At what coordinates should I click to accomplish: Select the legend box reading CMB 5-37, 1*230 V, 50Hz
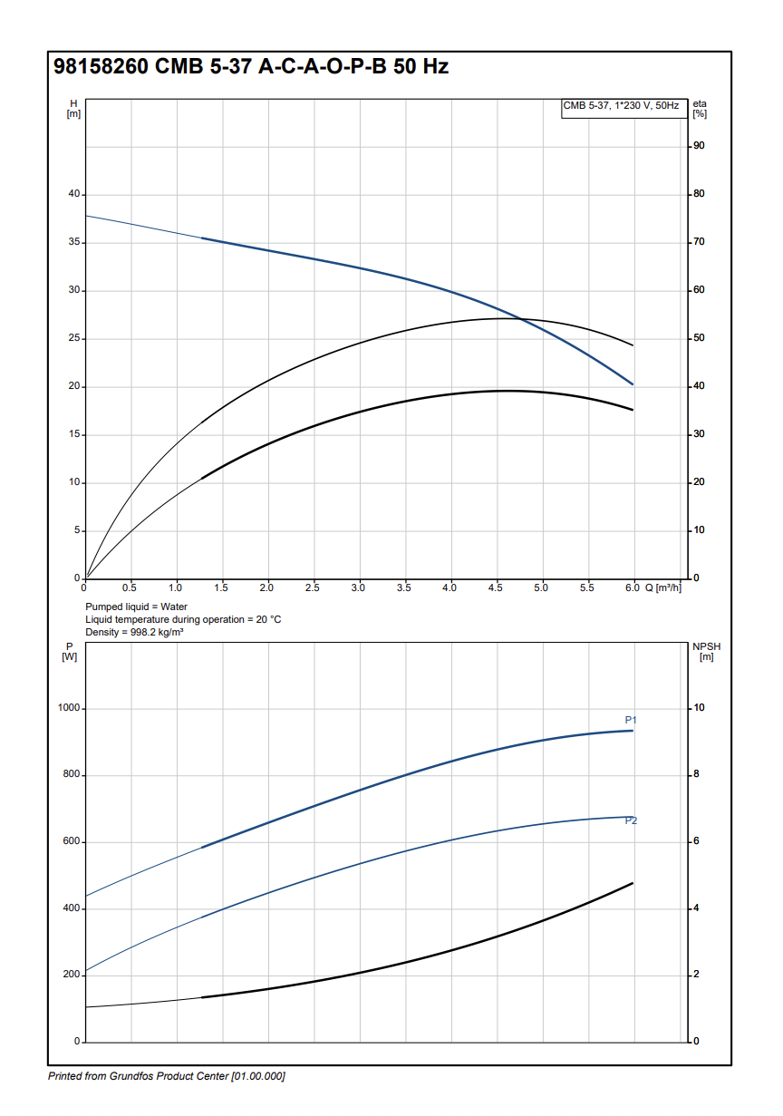(x=621, y=106)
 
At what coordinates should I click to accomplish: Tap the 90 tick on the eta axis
(x=700, y=146)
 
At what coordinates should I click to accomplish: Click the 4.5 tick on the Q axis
(x=496, y=588)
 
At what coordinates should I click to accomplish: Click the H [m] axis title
(x=73, y=108)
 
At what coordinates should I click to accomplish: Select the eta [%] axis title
(x=700, y=108)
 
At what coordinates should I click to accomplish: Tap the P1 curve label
(x=631, y=720)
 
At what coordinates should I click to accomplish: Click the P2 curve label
(x=631, y=821)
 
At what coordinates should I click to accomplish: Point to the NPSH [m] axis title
(x=704, y=651)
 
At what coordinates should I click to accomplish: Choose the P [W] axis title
(x=69, y=651)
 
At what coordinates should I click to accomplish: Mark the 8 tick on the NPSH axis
(x=696, y=775)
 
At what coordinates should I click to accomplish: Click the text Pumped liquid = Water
(x=136, y=607)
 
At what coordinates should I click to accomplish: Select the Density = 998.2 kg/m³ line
(x=134, y=632)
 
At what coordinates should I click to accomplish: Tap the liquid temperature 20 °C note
(x=183, y=619)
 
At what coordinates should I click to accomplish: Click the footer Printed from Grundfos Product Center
(x=166, y=1076)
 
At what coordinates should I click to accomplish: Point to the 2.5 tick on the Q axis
(x=313, y=588)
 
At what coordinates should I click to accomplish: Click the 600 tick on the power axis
(x=71, y=841)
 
